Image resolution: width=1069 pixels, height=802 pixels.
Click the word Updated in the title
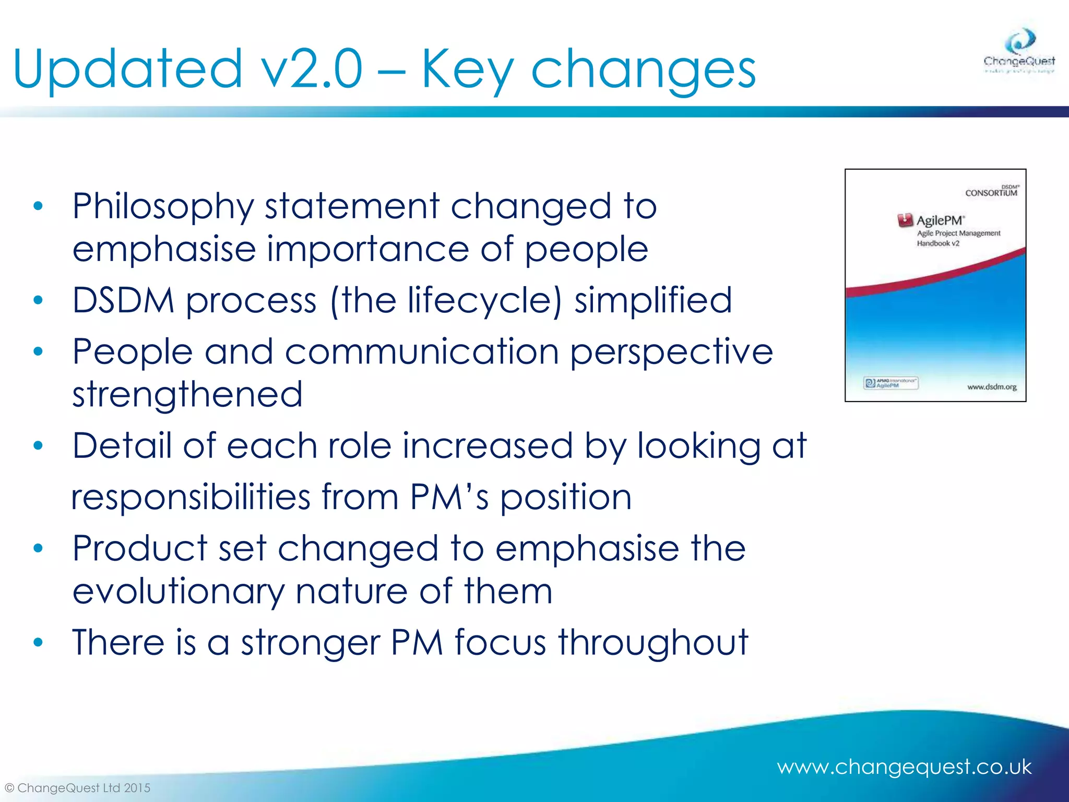pyautogui.click(x=127, y=69)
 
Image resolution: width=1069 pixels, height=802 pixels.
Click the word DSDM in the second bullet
pyautogui.click(x=123, y=301)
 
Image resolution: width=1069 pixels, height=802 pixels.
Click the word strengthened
pyautogui.click(x=187, y=394)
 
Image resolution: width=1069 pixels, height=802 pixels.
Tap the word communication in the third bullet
pyautogui.click(x=422, y=352)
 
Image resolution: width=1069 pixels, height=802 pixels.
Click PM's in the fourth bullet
pyautogui.click(x=449, y=497)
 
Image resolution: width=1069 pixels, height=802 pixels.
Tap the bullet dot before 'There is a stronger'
pyautogui.click(x=38, y=642)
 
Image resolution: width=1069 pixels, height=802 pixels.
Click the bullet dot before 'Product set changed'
pyautogui.click(x=38, y=548)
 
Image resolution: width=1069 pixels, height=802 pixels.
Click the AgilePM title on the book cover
pyautogui.click(x=940, y=220)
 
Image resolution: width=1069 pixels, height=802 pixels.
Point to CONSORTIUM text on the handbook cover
pyautogui.click(x=991, y=193)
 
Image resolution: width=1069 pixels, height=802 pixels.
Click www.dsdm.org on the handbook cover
pyautogui.click(x=991, y=387)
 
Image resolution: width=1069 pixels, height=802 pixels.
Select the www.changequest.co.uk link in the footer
pyautogui.click(x=904, y=767)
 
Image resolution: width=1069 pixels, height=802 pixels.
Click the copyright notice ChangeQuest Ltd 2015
pyautogui.click(x=78, y=788)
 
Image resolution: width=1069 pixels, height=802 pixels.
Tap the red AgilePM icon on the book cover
pyautogui.click(x=905, y=220)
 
